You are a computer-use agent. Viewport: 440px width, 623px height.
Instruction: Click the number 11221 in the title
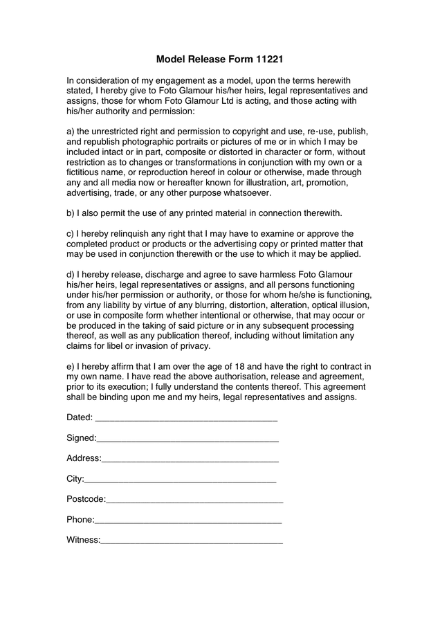(268, 60)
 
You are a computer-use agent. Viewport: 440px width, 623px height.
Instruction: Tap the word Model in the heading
(171, 60)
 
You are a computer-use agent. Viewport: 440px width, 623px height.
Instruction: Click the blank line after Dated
(185, 418)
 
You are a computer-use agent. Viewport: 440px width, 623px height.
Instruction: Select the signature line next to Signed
(187, 439)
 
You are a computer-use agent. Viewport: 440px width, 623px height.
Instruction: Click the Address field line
(190, 459)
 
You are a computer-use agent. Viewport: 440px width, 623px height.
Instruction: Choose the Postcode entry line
(194, 499)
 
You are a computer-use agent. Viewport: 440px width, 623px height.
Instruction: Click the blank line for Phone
(188, 520)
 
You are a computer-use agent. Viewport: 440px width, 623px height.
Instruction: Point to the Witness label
(83, 540)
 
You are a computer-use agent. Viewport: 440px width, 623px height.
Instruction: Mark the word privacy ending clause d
(194, 346)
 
